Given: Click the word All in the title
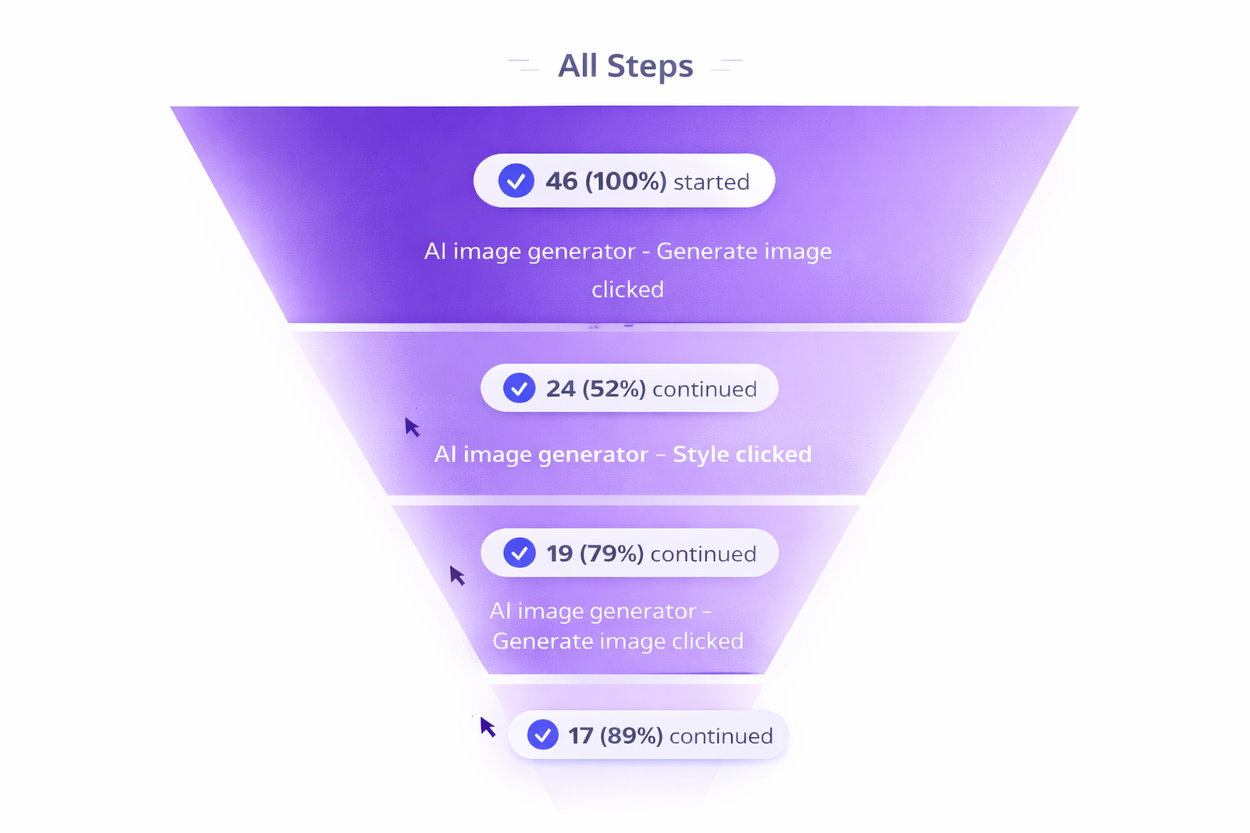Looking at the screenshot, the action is coord(577,66).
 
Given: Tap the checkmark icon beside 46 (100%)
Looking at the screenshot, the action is coord(516,181).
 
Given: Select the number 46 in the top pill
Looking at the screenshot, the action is coord(562,181).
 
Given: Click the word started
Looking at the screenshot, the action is coord(712,182).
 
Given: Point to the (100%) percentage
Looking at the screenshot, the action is coord(626,181).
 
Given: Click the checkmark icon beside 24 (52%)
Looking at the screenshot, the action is coord(520,388).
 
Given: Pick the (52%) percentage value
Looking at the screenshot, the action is coord(614,388).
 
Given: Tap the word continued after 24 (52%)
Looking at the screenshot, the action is coord(705,389).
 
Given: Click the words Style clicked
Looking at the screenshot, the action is coord(742,455).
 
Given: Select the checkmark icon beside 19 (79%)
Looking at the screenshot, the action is coord(520,552).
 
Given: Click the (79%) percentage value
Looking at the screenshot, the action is coord(612,553).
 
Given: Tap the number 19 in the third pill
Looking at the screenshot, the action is coord(559,553).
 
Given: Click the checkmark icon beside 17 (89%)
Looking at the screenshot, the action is coord(543,735).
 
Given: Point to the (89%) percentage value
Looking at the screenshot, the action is coord(632,735).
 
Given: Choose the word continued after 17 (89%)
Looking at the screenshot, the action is coord(722,736).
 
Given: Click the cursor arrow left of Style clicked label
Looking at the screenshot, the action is coord(412,427).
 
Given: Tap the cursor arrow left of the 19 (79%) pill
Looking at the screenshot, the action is coord(457,576).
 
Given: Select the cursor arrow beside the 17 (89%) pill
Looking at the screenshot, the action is coord(487,727).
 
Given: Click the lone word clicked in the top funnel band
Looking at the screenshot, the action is coord(628,290).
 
